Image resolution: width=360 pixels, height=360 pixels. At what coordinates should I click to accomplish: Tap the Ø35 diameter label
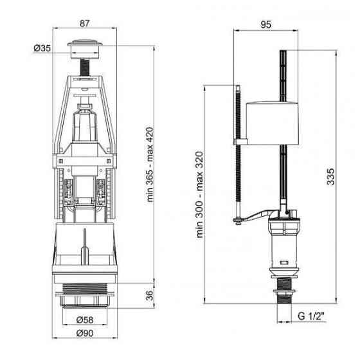click(x=41, y=48)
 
